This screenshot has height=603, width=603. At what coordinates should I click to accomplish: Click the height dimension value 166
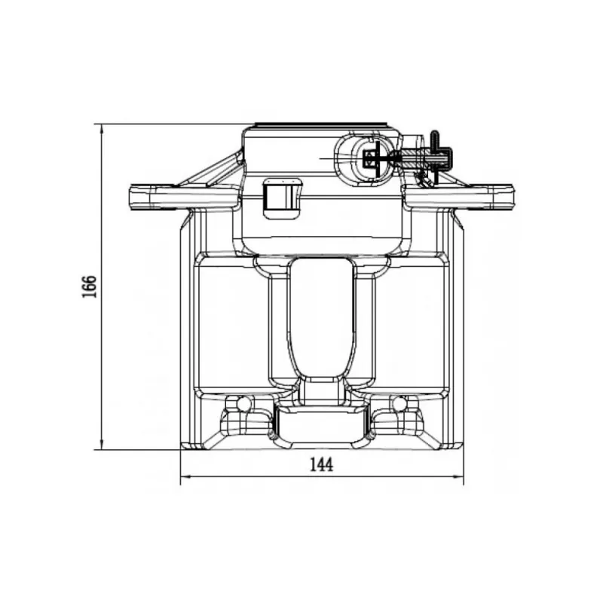pos(89,286)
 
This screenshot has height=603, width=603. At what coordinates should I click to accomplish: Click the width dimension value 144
pos(322,465)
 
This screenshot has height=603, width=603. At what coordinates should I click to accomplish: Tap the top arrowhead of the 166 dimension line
pos(102,128)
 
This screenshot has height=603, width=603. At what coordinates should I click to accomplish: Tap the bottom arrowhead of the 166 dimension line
pos(102,445)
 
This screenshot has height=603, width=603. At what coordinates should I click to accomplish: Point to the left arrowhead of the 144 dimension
pos(185,477)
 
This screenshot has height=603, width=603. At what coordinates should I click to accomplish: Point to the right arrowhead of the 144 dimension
pos(459,477)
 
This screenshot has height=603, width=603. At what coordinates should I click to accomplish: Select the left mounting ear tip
pos(130,197)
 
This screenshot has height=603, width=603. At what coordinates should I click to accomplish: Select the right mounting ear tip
pos(512,197)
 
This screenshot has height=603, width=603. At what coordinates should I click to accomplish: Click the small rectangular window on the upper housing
pos(282,199)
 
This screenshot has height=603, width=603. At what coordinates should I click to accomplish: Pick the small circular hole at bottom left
pos(243,403)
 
